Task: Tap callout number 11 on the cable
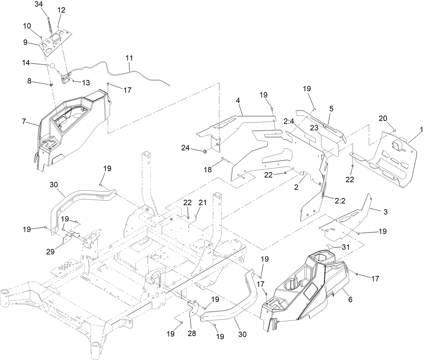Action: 129,58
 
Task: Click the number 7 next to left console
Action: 24,121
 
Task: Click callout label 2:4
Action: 289,121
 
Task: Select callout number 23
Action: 314,128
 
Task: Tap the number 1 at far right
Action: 421,129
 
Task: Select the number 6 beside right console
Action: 350,299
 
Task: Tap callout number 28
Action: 191,334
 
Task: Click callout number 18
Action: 208,170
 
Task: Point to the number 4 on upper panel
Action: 238,101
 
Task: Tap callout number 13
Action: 86,82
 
